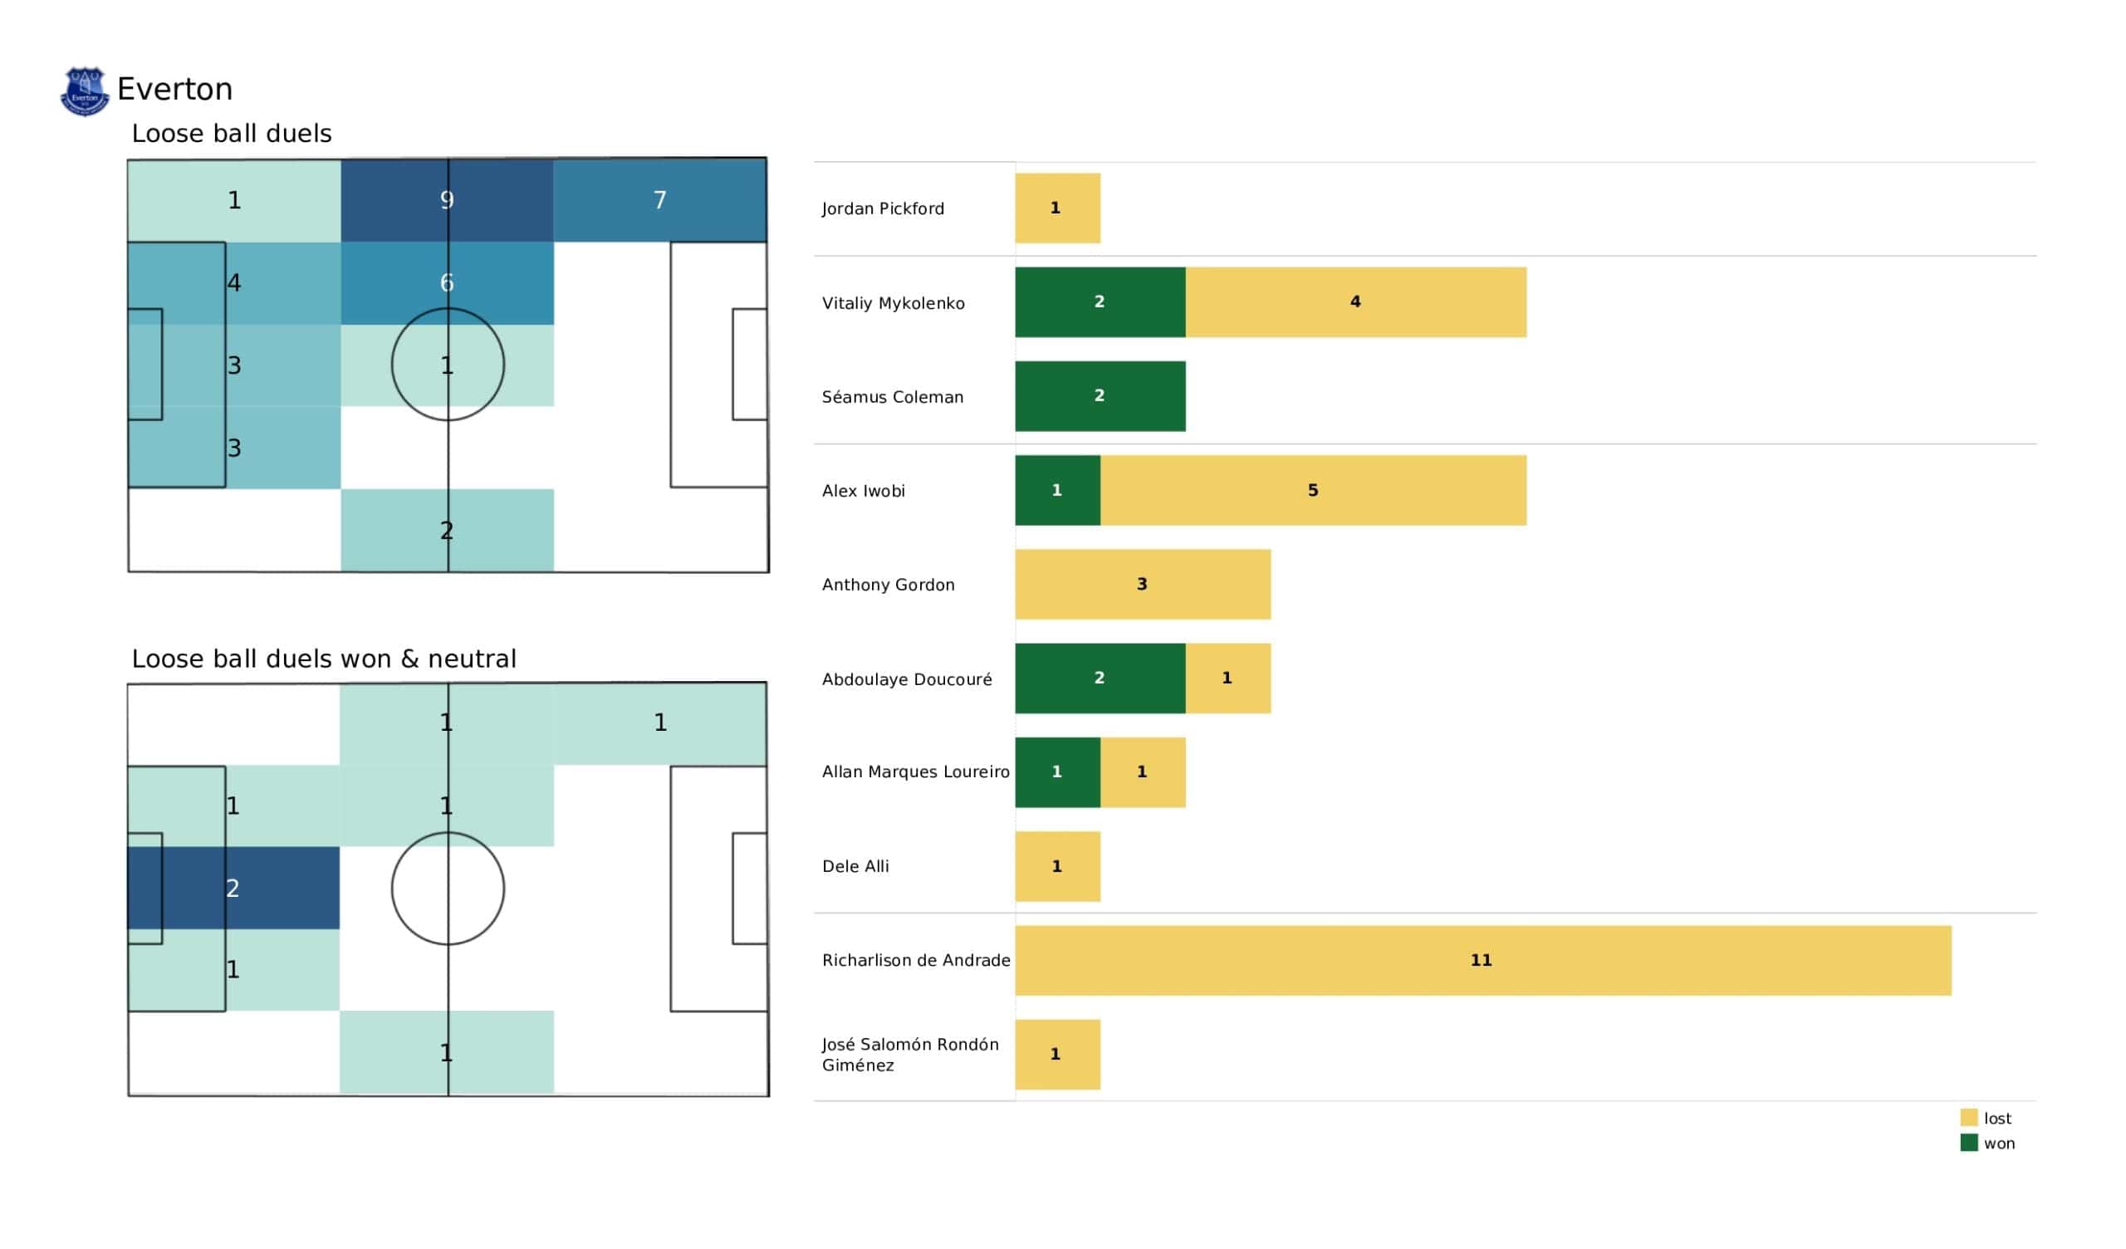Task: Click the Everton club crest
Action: pos(85,91)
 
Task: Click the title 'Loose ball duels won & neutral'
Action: pos(323,659)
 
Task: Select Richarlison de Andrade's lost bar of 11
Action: pos(1482,960)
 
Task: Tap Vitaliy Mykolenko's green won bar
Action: pos(1100,302)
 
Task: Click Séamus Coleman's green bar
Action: pos(1100,396)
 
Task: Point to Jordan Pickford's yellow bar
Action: pos(1057,208)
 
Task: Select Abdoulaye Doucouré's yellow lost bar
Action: pos(1227,678)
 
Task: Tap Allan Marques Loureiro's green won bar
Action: pos(1057,772)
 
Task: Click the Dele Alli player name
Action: pos(855,867)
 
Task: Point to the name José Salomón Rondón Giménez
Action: pos(909,1055)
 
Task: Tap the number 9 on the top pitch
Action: pos(447,200)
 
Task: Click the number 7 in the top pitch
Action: pos(659,200)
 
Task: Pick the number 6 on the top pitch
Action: pos(447,282)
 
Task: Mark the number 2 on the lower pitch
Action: pos(233,889)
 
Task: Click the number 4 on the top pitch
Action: pos(234,282)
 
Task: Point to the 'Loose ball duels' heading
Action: pos(231,134)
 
